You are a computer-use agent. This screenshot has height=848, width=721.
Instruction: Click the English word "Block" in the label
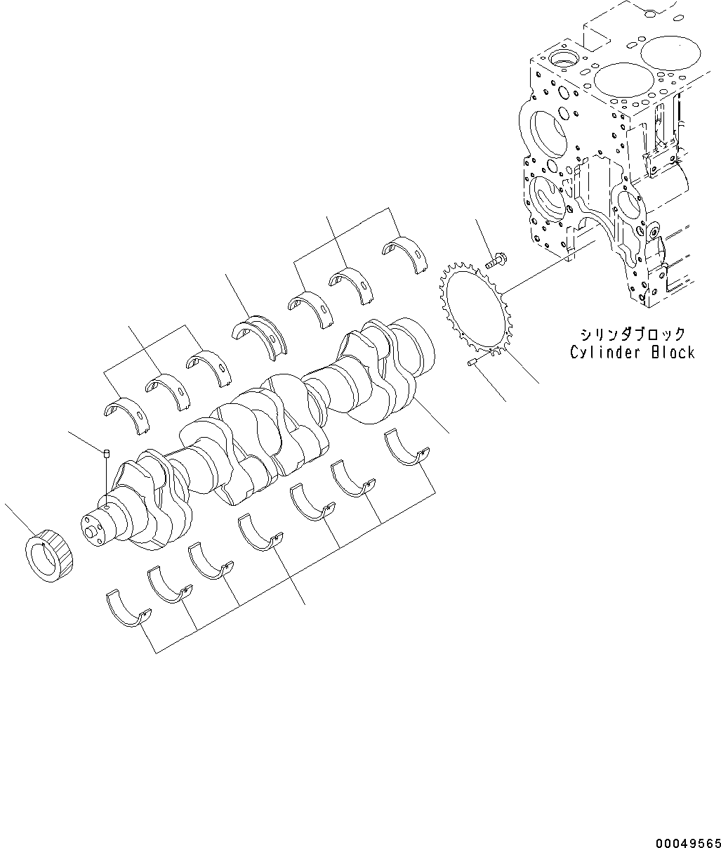tap(673, 353)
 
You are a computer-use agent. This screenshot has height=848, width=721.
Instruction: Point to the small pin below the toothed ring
tap(472, 363)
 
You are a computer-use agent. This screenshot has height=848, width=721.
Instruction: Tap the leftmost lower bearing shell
tap(128, 607)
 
